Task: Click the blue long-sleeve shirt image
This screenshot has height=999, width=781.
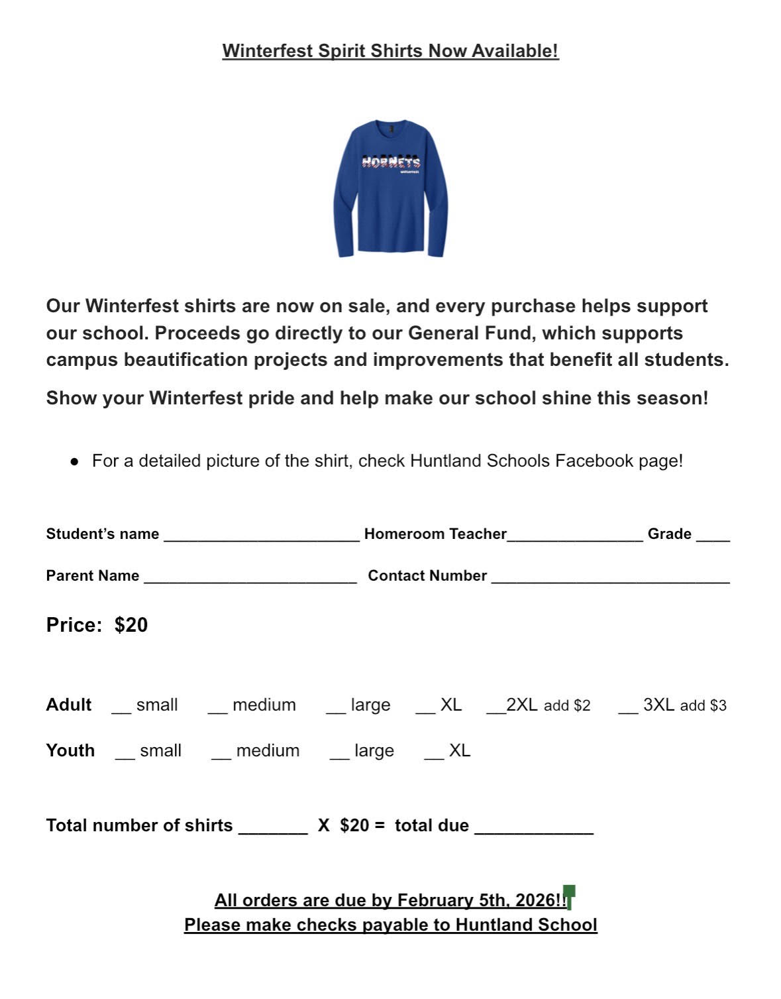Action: pos(390,189)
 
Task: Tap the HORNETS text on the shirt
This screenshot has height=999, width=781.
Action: pos(391,162)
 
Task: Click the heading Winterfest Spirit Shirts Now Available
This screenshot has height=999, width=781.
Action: pos(390,51)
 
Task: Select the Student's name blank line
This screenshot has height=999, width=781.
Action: pos(261,538)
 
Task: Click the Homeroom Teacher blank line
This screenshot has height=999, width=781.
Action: pos(575,538)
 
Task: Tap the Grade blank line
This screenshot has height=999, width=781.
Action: pos(713,538)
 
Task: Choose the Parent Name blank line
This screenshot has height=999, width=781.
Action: pos(250,580)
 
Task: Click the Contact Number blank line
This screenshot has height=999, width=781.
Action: pos(610,580)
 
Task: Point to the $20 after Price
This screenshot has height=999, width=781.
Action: pos(131,625)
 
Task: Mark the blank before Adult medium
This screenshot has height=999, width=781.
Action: pos(217,710)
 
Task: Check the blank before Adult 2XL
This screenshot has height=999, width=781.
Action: pos(495,710)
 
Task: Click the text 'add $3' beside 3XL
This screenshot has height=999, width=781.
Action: pos(703,706)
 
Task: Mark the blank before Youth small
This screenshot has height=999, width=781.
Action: pos(125,756)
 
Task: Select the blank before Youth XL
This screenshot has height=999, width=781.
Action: pos(434,756)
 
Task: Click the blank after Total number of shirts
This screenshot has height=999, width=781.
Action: pos(273,831)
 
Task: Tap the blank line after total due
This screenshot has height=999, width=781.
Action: pos(534,831)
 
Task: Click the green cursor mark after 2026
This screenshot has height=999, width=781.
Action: pos(569,896)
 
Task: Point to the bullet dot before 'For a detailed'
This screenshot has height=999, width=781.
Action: pos(75,461)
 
